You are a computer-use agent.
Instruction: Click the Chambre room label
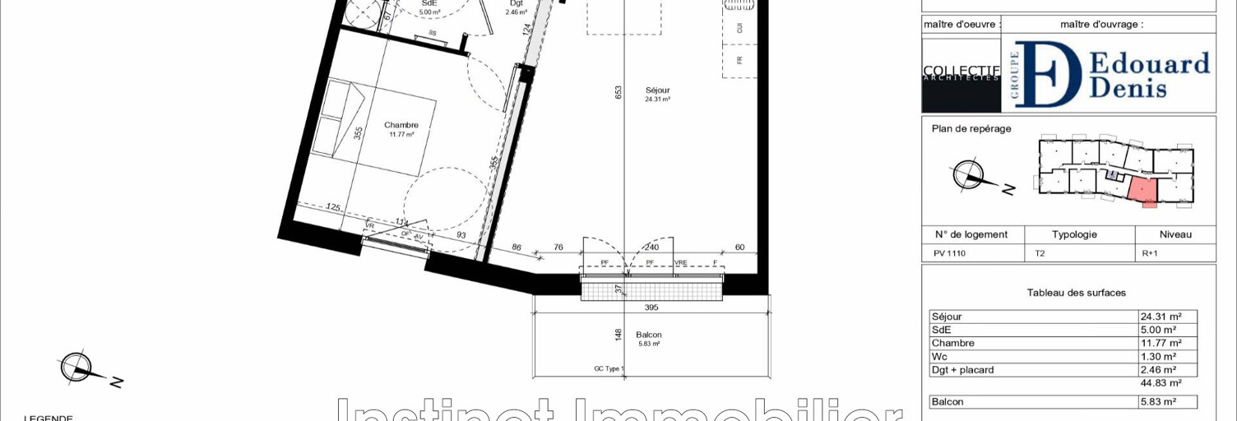401,126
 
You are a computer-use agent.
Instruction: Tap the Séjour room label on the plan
657,90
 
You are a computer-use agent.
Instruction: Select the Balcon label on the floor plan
648,335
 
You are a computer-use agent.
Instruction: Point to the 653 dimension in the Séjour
619,93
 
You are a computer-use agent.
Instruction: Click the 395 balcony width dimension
651,308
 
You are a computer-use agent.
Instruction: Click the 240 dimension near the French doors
651,247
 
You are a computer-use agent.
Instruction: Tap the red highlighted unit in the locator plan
1142,191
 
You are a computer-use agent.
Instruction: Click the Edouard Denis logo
1108,74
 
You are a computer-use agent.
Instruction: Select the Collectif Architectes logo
961,74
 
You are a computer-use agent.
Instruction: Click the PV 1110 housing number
949,254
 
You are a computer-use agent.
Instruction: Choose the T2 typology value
1040,254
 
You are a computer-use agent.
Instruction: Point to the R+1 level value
1149,254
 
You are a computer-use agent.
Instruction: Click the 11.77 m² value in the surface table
1161,344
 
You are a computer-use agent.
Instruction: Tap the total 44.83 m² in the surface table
1161,383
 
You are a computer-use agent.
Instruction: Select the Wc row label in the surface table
939,357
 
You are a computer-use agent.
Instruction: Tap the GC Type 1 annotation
609,369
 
